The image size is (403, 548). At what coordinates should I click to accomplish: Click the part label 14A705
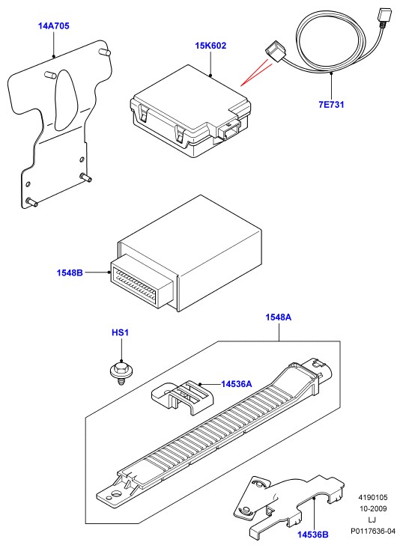pos(53,26)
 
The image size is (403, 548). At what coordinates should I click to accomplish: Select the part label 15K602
pos(210,46)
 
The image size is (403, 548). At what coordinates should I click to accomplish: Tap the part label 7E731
pos(331,105)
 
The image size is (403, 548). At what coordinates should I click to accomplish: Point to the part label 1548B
pos(70,273)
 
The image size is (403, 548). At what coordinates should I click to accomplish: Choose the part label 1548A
pos(279,317)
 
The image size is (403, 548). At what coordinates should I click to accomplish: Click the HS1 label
pos(120,332)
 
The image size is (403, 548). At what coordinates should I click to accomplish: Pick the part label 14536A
pos(237,384)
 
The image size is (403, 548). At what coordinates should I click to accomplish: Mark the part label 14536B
pos(313,535)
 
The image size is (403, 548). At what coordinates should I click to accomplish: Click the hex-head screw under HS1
pos(121,373)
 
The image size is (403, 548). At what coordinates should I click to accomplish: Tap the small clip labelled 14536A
pos(183,397)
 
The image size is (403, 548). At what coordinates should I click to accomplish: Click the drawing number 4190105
pos(372,497)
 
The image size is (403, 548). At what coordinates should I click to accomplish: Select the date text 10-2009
pos(373,508)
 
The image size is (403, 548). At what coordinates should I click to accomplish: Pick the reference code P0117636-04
pos(373,532)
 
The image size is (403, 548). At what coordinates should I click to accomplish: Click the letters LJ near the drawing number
pos(372,520)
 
